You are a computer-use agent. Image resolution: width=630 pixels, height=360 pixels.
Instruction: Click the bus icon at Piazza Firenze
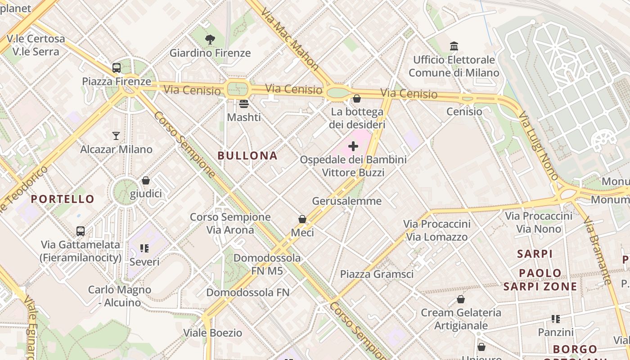coord(117,68)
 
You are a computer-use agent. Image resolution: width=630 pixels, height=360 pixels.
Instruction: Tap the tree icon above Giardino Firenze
coord(210,40)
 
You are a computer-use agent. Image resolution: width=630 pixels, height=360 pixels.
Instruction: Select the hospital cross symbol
coord(353,146)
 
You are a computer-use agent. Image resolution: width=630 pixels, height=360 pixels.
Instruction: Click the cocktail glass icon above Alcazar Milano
coord(116,135)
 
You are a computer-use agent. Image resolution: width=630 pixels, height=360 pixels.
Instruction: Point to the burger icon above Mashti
coord(244,104)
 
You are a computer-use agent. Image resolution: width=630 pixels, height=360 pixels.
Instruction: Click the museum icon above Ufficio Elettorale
coord(454,46)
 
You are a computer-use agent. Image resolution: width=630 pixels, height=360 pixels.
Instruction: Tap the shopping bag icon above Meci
coord(302,219)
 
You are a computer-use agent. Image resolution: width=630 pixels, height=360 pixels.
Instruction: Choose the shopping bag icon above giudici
coord(146,180)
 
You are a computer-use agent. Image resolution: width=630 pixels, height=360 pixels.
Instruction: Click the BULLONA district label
coord(247,156)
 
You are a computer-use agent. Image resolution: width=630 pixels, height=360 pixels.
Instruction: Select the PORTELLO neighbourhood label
coord(63,199)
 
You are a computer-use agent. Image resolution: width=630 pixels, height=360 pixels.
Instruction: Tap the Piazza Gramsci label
coord(377,274)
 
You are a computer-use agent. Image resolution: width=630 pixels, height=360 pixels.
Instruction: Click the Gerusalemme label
coord(346,201)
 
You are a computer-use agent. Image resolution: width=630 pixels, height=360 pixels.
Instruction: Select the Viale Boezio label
coord(212,333)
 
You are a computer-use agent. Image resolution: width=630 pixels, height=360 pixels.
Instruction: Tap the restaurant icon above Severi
coord(144,248)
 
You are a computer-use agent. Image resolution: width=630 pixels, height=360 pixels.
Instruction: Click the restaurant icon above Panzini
coord(556,319)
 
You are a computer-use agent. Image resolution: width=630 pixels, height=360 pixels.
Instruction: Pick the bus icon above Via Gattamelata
coord(81,231)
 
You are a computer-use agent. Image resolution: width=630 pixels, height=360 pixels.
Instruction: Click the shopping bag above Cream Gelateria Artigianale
coord(461,299)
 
